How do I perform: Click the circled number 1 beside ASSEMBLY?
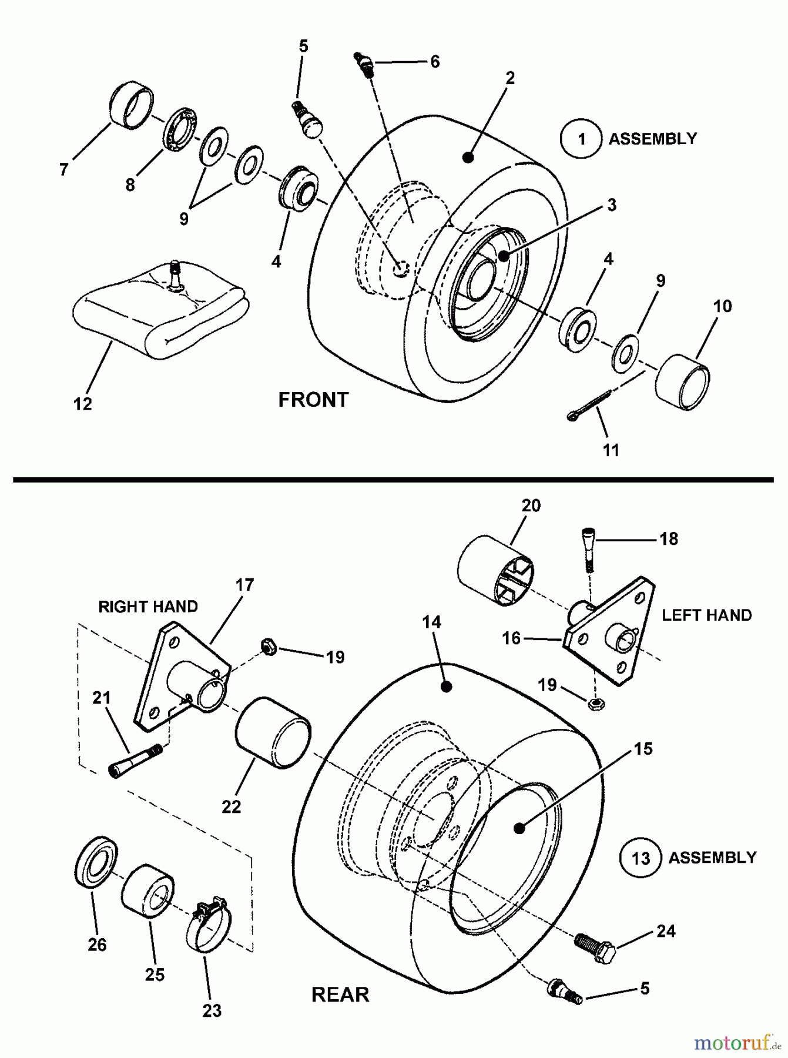(x=581, y=139)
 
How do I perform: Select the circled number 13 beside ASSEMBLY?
(x=641, y=858)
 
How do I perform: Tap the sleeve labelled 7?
(x=132, y=106)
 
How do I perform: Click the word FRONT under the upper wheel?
(x=313, y=400)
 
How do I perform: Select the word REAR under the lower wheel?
(x=340, y=995)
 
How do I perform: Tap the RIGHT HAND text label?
(x=148, y=607)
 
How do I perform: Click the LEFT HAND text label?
(x=707, y=615)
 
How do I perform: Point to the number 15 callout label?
(x=643, y=749)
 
